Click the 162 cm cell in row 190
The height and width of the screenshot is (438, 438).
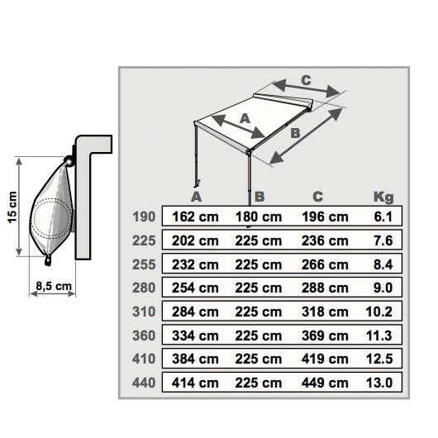195,217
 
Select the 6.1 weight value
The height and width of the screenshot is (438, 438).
383,217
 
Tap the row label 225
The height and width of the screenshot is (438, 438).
144,240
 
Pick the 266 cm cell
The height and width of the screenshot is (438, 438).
325,264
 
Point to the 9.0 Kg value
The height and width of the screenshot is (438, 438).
383,288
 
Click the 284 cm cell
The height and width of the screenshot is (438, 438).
195,312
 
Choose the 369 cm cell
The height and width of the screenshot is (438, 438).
325,336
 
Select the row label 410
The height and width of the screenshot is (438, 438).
144,359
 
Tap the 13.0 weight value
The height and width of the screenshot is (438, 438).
379,383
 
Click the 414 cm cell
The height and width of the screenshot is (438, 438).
195,383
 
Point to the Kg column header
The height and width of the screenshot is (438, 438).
383,198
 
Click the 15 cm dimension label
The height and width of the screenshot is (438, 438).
12,207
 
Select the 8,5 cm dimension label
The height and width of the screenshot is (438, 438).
54,286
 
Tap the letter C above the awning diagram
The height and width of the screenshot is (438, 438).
306,80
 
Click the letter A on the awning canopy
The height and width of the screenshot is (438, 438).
245,119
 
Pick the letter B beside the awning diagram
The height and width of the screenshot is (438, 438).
295,133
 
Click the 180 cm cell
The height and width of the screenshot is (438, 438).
259,217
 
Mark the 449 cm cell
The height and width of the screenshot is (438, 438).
325,383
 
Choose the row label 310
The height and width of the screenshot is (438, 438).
144,312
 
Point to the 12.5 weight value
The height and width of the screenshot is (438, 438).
379,359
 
